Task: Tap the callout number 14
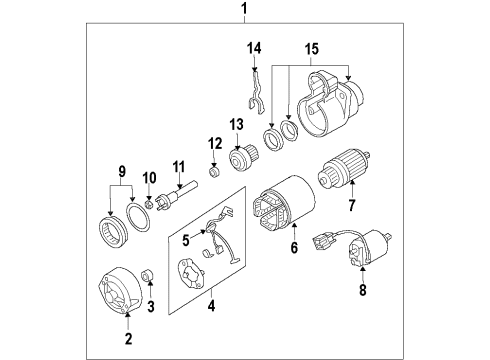click(x=254, y=48)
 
